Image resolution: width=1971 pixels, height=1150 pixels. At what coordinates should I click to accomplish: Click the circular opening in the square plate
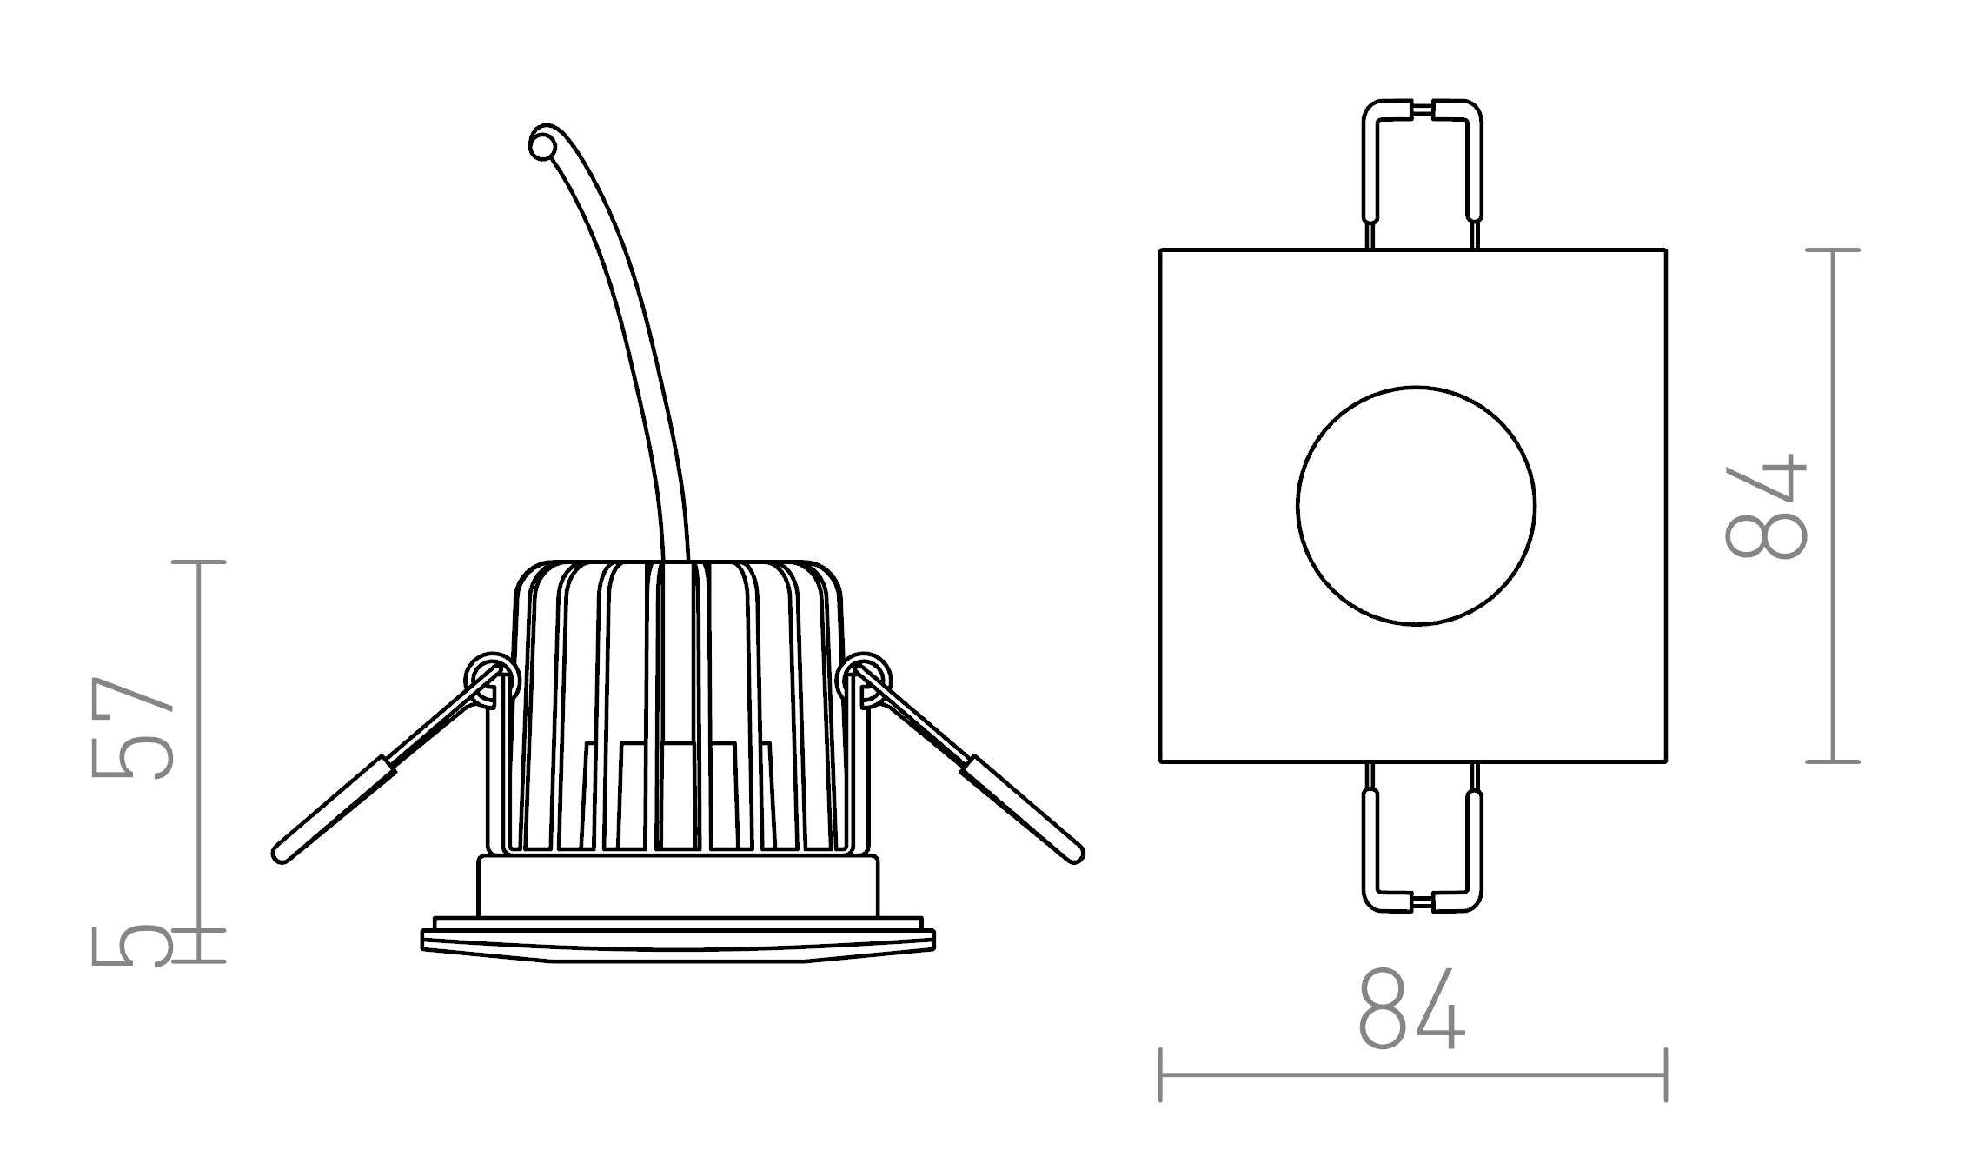(1416, 506)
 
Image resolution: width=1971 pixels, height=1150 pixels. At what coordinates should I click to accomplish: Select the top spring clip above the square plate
(1422, 174)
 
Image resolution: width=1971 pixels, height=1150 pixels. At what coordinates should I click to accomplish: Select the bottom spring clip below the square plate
(1422, 839)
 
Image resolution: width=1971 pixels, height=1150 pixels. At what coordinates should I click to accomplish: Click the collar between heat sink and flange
(678, 886)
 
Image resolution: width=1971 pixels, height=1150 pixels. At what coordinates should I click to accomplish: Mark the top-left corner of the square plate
(1162, 251)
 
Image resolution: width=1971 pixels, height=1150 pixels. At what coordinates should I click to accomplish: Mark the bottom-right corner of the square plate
(1665, 761)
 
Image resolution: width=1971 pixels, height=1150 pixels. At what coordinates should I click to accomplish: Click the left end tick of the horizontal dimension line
(1161, 1075)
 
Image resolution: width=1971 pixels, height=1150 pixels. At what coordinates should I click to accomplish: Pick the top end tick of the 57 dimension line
(199, 562)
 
